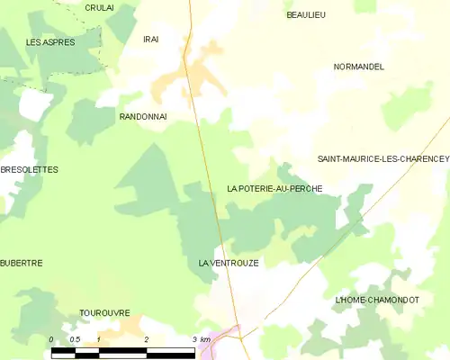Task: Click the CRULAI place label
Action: pyautogui.click(x=99, y=7)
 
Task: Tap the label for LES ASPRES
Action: pyautogui.click(x=50, y=42)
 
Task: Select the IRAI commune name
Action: pyautogui.click(x=151, y=39)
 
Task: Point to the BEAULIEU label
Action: pyautogui.click(x=306, y=15)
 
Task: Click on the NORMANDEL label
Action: pyautogui.click(x=358, y=67)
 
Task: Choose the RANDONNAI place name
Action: pyautogui.click(x=143, y=117)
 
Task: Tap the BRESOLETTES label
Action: pyautogui.click(x=29, y=169)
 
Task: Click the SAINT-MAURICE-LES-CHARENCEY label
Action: pyautogui.click(x=382, y=158)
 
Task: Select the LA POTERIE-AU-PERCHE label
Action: pyautogui.click(x=274, y=189)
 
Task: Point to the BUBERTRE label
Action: pyautogui.click(x=22, y=263)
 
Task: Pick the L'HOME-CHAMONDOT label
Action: pyautogui.click(x=376, y=300)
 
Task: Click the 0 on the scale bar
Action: pyautogui.click(x=51, y=339)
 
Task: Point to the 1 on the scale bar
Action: pyautogui.click(x=98, y=339)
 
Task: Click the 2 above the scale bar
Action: pyautogui.click(x=146, y=339)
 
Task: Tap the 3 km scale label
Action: pyautogui.click(x=201, y=339)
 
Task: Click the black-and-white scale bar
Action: pyautogui.click(x=122, y=351)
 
